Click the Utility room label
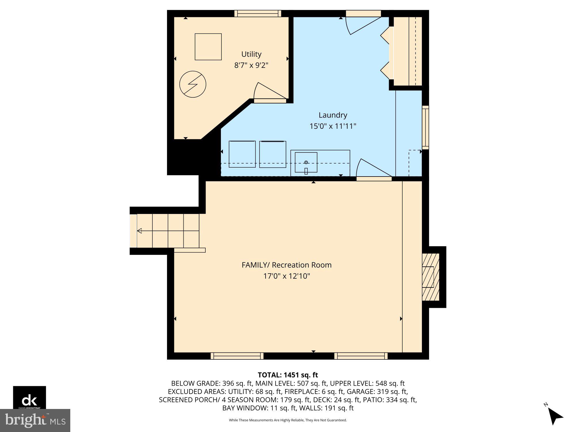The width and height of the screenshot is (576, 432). (x=251, y=54)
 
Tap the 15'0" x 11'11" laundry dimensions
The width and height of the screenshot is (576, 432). (x=333, y=126)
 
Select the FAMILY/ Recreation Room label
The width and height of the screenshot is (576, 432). (x=287, y=265)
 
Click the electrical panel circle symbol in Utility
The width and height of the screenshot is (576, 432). (x=193, y=84)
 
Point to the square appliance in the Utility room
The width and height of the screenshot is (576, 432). (x=208, y=47)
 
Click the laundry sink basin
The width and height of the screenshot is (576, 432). (x=306, y=162)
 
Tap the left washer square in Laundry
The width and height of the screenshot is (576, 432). (x=242, y=154)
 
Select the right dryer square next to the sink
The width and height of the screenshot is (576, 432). (x=272, y=154)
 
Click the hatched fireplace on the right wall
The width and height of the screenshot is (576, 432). (x=431, y=277)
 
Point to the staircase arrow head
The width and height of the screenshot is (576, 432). (x=140, y=231)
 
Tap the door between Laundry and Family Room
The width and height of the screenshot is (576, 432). (x=373, y=170)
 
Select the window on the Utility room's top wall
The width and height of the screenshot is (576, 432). (x=257, y=14)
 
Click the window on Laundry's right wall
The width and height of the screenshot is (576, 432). (x=425, y=127)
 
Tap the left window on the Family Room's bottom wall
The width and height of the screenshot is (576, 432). (x=237, y=356)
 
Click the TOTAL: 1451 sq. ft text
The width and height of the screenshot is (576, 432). (x=288, y=375)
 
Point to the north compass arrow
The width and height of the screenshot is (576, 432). (x=555, y=416)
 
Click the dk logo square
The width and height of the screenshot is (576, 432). (x=29, y=397)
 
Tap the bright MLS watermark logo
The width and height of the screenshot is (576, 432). (x=35, y=420)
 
